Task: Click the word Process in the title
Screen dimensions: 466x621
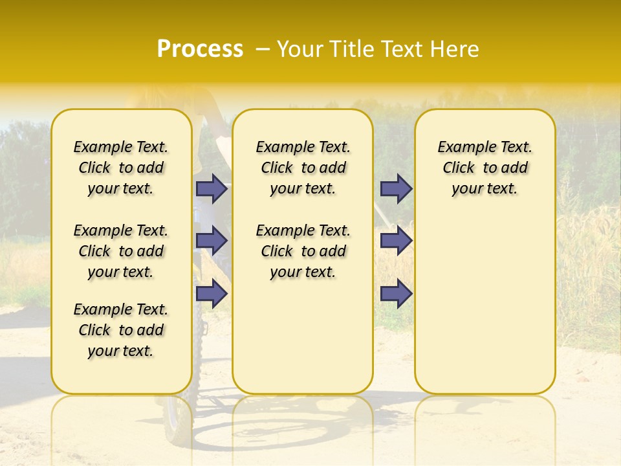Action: coord(200,49)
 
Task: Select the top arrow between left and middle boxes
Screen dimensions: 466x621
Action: coord(212,189)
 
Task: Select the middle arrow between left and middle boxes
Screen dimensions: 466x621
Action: coord(212,241)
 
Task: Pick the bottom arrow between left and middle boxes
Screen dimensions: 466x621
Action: coord(212,293)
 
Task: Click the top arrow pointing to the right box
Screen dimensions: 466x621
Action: coord(396,189)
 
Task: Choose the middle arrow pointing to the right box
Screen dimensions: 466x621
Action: coord(396,241)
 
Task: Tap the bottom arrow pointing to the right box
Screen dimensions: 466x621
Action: coord(396,293)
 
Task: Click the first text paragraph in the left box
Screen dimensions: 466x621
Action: coord(121,168)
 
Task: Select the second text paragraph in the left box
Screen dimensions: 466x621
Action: coord(121,251)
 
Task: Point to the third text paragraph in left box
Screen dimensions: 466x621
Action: coord(121,330)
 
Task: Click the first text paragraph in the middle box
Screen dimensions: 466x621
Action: coord(303,168)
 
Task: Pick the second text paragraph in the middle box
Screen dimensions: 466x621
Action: coord(303,251)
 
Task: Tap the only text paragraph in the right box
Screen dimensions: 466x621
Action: coord(485,168)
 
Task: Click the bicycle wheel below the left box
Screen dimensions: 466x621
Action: coord(176,417)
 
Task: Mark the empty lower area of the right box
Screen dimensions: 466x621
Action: coord(485,304)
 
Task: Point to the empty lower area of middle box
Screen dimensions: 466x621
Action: coord(303,337)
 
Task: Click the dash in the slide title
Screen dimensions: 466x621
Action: coord(263,49)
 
